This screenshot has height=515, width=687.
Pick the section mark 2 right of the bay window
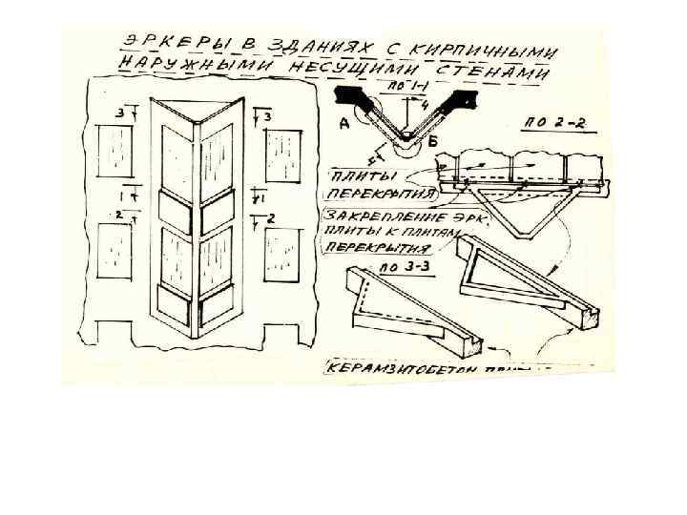coord(272,218)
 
